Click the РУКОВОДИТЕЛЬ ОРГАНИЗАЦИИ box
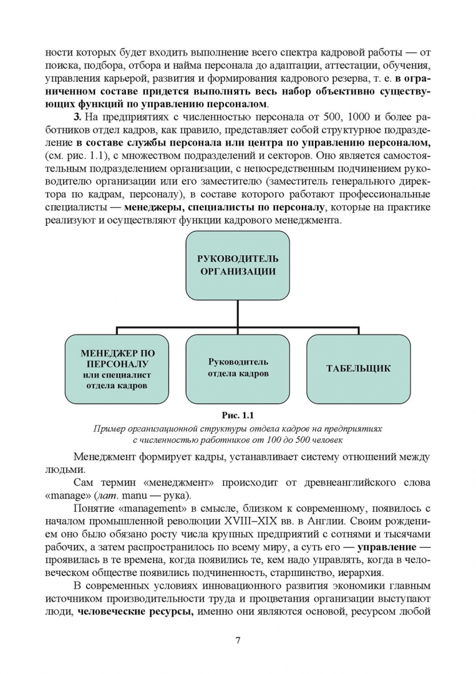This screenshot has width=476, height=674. click(x=237, y=265)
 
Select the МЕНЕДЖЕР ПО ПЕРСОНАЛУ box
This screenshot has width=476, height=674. click(x=117, y=369)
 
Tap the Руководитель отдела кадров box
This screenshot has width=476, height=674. click(x=237, y=368)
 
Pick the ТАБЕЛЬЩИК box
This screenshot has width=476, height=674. click(x=358, y=368)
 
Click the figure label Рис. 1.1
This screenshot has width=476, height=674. click(x=238, y=415)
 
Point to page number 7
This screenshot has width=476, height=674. click(x=238, y=640)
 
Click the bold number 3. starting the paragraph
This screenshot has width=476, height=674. click(x=77, y=117)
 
